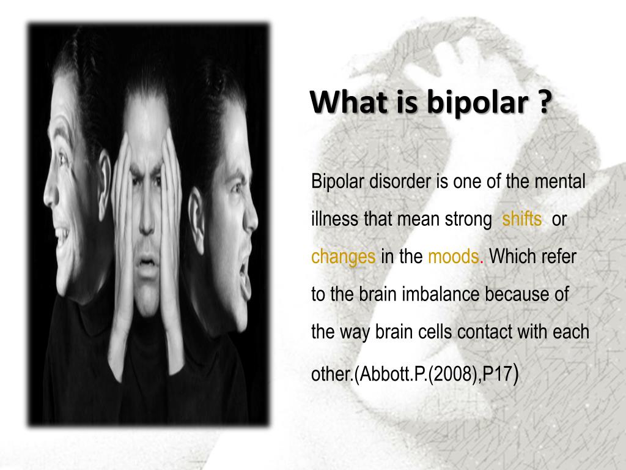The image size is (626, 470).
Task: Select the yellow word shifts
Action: pyautogui.click(x=521, y=219)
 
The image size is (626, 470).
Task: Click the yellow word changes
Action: pyautogui.click(x=343, y=256)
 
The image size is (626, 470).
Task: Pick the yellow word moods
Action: pyautogui.click(x=453, y=256)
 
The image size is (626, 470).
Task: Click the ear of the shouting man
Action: pyautogui.click(x=195, y=208)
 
